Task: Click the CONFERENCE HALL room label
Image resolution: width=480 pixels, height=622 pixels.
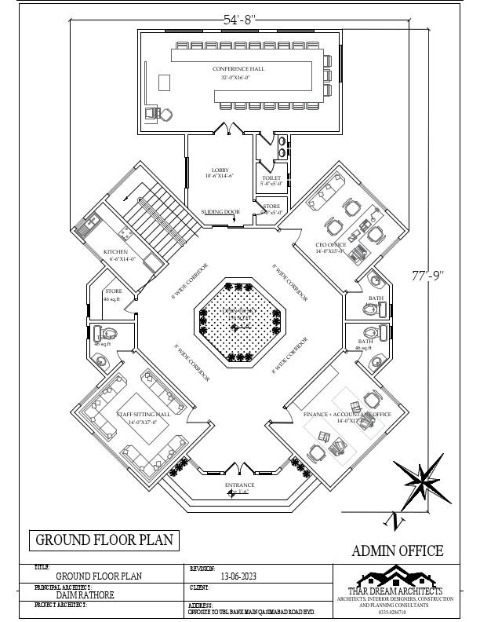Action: (238, 69)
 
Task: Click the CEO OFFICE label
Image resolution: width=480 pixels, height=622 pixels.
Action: (309, 245)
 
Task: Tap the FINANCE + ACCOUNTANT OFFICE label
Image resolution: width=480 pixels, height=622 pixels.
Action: (347, 413)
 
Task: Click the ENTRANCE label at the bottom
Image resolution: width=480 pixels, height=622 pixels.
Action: (240, 485)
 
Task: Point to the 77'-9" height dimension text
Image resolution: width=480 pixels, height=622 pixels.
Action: (428, 275)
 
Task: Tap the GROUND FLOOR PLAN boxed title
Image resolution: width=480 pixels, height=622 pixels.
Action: (103, 540)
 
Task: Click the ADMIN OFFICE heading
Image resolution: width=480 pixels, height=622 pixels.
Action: (398, 551)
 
